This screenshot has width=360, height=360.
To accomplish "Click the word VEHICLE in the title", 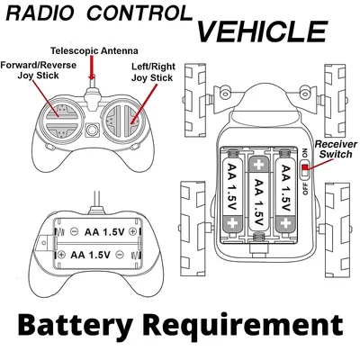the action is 262,31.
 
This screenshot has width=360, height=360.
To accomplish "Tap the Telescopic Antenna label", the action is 94,50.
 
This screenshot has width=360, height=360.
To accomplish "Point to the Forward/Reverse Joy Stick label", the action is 38,70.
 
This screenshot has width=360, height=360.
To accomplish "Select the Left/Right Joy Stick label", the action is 152,72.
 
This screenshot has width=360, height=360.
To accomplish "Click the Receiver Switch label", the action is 336,149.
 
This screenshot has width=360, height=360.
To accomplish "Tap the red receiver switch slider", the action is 305,167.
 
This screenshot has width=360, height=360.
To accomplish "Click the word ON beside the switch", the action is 305,153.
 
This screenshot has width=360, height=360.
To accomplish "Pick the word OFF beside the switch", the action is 305,188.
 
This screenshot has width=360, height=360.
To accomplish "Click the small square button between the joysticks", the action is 92,130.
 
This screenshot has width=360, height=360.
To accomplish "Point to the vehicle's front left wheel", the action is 195,100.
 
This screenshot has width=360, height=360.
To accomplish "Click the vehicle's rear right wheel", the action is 337,229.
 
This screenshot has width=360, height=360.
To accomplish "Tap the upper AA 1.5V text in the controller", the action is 104,232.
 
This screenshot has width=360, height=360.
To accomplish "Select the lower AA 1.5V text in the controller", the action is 91,255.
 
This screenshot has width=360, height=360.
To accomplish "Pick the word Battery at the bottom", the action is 75,326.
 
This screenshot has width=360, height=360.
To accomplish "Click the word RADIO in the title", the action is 40,13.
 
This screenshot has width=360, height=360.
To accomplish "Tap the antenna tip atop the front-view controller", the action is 92,76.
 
